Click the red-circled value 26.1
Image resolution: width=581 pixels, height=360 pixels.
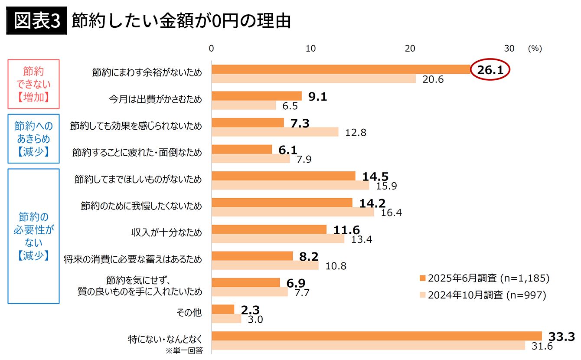490,70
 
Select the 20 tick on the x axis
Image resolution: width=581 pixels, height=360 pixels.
410,49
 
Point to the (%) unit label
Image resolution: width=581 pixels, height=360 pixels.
535,49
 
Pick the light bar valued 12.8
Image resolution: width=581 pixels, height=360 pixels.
275,132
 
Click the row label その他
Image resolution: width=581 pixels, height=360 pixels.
190,312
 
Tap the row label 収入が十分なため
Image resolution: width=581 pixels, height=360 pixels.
167,232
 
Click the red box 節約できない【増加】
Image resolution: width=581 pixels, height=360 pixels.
33,84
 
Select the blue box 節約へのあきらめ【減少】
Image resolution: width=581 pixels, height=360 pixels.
33,139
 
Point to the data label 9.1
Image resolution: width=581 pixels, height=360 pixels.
317,97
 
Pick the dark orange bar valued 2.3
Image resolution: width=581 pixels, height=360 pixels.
223,309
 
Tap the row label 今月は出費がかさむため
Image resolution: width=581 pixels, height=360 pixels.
155,99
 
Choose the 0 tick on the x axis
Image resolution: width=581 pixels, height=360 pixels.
212,49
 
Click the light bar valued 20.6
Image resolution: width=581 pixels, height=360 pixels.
313,79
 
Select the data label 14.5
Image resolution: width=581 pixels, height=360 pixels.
375,177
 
